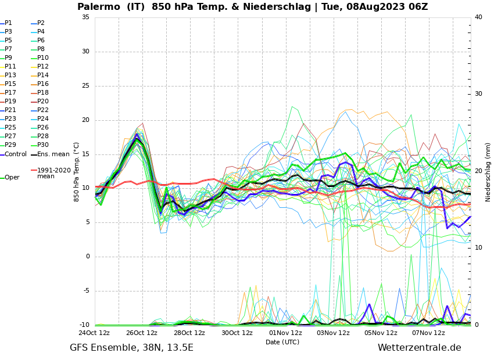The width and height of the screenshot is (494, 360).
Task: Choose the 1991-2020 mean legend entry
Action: [53, 173]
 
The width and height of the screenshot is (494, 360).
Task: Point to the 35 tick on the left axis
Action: [85, 17]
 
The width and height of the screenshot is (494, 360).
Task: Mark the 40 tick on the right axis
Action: [478, 17]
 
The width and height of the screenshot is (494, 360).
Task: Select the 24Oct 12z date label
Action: [94, 333]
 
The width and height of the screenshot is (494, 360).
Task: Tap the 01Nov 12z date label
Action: [285, 333]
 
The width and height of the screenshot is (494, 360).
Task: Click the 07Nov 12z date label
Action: [428, 333]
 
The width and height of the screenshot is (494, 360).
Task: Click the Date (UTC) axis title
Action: [282, 343]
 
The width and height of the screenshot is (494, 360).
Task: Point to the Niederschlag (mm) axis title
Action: [488, 172]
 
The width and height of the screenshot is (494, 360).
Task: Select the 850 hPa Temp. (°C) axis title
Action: [77, 171]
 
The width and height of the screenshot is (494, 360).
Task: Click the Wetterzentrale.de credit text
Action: [419, 348]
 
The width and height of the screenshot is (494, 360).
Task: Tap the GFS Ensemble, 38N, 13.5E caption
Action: [131, 348]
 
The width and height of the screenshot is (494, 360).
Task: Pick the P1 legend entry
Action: [8, 23]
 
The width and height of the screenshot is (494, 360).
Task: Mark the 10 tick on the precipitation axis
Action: [478, 248]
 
